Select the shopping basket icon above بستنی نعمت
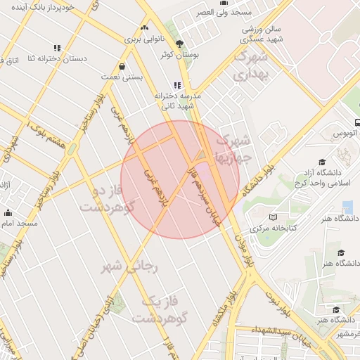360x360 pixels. [123, 67]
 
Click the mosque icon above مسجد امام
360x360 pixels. [8, 212]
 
